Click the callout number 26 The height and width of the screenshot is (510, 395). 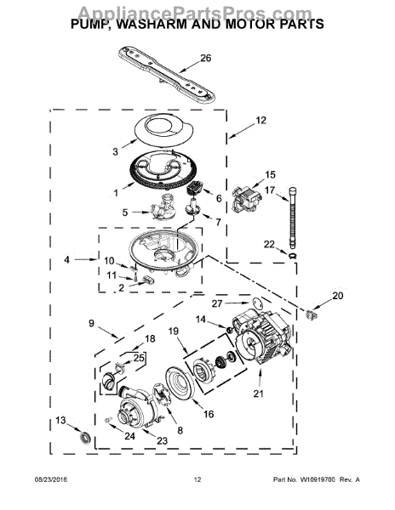[205, 58]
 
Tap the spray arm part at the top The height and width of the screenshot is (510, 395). [166, 75]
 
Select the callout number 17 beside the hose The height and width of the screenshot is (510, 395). [270, 190]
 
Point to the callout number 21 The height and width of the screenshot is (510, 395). [258, 394]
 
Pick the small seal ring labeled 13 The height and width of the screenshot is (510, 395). [86, 437]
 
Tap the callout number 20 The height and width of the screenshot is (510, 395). [338, 296]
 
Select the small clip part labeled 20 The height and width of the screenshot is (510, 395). [312, 314]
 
